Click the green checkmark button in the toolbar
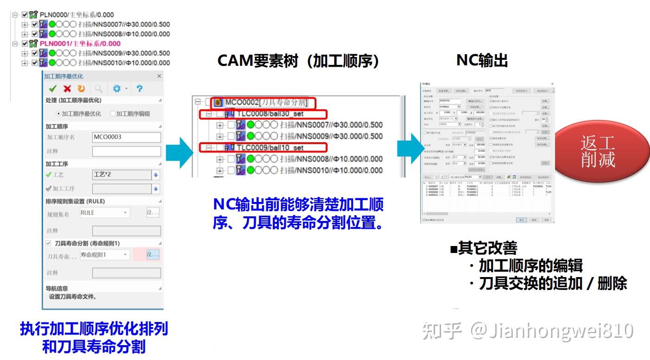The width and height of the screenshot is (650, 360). point(53,88)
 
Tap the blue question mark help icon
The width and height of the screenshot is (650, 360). point(139,88)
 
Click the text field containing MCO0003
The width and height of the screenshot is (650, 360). point(126,137)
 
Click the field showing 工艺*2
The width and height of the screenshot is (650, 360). point(121,175)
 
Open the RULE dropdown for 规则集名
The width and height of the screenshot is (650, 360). point(104,213)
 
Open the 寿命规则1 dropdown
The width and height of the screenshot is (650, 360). point(104,255)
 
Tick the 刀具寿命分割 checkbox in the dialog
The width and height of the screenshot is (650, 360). point(48,243)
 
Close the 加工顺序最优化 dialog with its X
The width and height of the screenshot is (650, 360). point(159,76)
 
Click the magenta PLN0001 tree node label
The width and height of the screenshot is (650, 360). point(80,44)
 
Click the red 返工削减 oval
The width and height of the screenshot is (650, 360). point(598,152)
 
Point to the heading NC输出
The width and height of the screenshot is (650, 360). point(482,61)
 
